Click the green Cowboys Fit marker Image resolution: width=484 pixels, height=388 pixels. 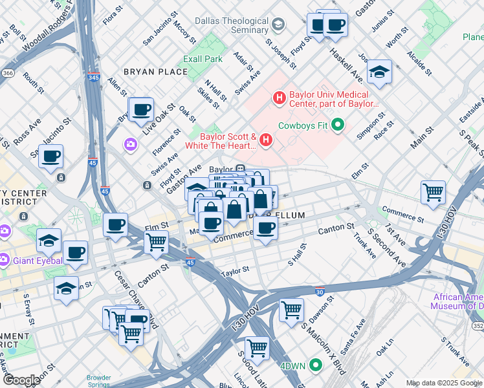coord(337,125)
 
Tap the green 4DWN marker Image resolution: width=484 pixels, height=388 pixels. coord(316,365)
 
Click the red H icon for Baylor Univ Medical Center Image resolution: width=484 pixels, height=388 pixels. coord(279,98)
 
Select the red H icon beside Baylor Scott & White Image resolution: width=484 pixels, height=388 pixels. coord(265,140)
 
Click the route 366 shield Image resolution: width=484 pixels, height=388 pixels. coord(7,73)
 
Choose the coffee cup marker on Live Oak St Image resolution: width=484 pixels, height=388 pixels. coord(140,109)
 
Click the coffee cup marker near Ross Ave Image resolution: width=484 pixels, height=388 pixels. coord(50,156)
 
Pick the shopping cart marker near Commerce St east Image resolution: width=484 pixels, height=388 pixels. coord(433,191)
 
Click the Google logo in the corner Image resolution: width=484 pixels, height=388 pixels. coord(21,380)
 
